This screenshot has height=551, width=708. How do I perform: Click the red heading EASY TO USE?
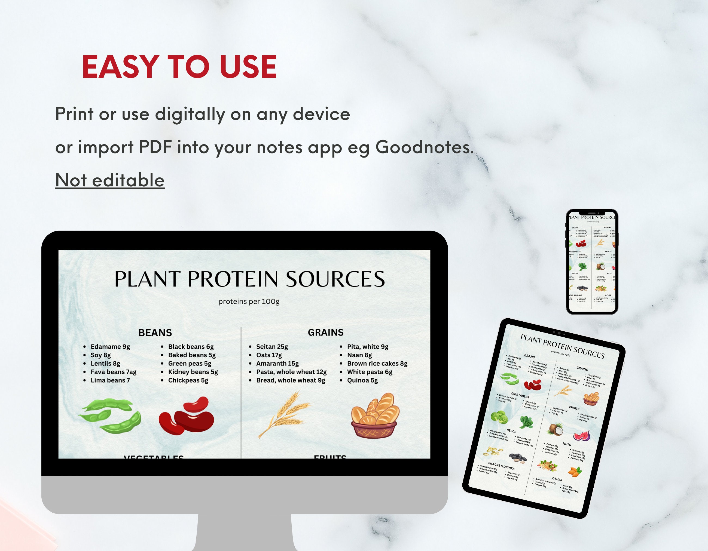[179, 67]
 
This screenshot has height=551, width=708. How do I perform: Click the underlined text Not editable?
[110, 180]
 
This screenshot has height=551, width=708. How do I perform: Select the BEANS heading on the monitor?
[155, 333]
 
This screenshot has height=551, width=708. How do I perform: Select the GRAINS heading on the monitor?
[325, 332]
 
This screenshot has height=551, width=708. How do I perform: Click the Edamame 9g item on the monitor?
[110, 347]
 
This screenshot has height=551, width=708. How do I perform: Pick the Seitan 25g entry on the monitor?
[272, 347]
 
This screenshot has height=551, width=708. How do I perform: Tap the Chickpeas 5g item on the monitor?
[188, 380]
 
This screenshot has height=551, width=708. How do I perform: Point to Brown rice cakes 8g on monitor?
[377, 364]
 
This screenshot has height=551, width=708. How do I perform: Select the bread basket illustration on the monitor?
[375, 415]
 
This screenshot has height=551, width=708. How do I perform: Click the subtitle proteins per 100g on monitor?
[249, 301]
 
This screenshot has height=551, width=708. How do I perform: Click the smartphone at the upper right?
[592, 262]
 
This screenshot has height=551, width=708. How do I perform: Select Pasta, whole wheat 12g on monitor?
[291, 372]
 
